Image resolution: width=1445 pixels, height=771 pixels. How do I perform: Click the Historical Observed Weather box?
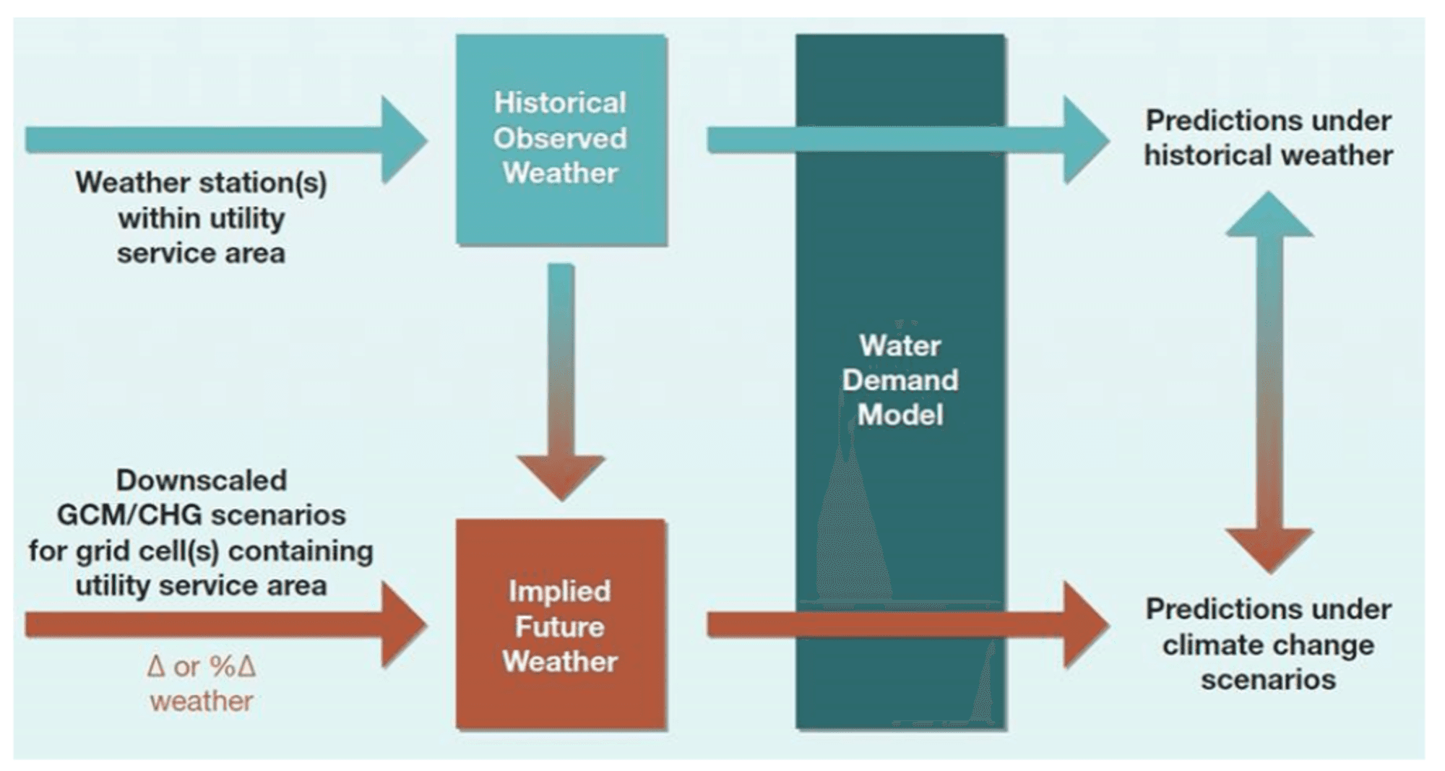pyautogui.click(x=561, y=139)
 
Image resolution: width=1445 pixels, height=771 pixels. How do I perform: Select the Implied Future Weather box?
pyautogui.click(x=561, y=624)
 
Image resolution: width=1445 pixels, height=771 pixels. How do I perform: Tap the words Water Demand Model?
pyautogui.click(x=900, y=380)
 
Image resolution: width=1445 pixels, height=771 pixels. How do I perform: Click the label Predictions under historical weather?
pyautogui.click(x=1269, y=137)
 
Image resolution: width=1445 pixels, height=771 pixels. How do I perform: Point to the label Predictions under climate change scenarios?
pyautogui.click(x=1269, y=644)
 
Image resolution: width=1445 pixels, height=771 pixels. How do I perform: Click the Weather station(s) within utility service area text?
pyautogui.click(x=201, y=217)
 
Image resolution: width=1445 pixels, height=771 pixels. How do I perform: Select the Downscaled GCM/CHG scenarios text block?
pyautogui.click(x=201, y=533)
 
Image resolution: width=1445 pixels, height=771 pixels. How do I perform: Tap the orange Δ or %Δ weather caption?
pyautogui.click(x=201, y=683)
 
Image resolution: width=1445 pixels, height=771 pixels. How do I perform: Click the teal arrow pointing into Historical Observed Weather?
pyautogui.click(x=226, y=139)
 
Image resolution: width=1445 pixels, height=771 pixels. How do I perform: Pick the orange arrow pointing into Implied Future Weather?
pyautogui.click(x=226, y=624)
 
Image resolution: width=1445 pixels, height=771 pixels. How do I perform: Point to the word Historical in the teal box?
pyautogui.click(x=560, y=103)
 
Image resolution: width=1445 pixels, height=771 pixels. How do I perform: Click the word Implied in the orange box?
pyautogui.click(x=560, y=592)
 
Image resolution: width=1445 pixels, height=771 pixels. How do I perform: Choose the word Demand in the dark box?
pyautogui.click(x=900, y=380)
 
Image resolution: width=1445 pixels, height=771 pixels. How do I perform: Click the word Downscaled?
pyautogui.click(x=202, y=480)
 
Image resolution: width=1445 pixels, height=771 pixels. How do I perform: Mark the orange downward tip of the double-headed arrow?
pyautogui.click(x=1269, y=573)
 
